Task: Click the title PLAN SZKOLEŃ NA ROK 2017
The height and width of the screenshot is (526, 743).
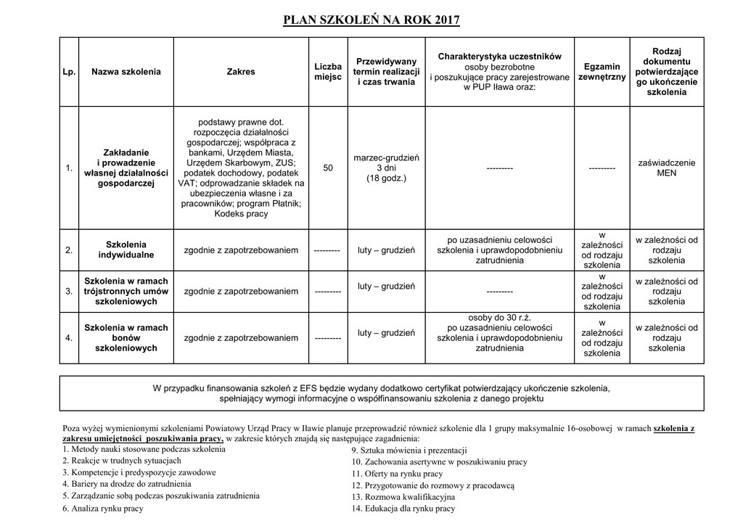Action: tap(371, 20)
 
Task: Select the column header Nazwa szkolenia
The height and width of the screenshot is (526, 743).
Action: tap(126, 72)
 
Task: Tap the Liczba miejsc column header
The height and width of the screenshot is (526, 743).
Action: tap(328, 72)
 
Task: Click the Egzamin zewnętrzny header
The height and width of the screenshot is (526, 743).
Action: tap(602, 72)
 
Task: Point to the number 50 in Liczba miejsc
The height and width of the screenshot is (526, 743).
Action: tap(328, 168)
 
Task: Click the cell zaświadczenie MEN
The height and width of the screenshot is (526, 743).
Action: tap(666, 168)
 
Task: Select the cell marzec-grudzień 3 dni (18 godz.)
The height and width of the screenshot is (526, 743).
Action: tap(386, 168)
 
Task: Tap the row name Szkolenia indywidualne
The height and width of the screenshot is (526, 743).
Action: tap(126, 250)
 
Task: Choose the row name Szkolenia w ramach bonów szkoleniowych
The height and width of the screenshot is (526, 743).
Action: tap(126, 338)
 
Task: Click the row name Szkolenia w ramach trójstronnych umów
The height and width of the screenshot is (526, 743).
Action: tap(126, 291)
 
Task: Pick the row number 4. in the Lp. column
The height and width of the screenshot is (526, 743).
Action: tap(69, 338)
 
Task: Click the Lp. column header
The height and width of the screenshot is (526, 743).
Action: tap(69, 72)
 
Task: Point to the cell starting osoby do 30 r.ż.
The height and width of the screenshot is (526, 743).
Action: tap(499, 333)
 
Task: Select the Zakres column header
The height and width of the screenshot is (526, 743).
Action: tap(241, 72)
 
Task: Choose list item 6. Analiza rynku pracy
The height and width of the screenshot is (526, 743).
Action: tap(103, 509)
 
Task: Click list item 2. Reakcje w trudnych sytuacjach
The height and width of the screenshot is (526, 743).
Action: tap(122, 461)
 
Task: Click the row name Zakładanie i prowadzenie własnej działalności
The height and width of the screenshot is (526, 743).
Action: tap(126, 168)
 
